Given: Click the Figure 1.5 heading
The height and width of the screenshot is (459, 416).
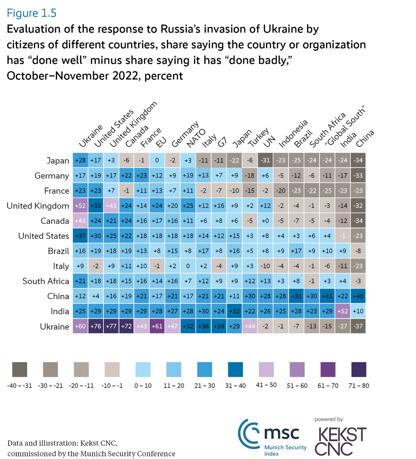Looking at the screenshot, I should click(x=32, y=13).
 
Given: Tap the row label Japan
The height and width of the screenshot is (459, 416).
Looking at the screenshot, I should click(x=58, y=161).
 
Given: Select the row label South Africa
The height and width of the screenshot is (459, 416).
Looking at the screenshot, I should click(x=46, y=281).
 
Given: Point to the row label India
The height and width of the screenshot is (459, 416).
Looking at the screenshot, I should click(x=60, y=312).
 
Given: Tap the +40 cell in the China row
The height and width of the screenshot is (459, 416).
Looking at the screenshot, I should click(x=358, y=296).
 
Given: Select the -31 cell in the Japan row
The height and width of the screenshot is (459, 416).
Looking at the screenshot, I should click(x=265, y=160).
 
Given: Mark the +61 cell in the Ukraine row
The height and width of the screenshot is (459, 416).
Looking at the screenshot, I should click(x=157, y=326).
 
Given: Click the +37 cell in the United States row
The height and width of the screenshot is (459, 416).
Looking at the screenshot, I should click(x=80, y=236).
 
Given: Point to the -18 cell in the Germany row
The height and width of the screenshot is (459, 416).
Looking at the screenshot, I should click(x=250, y=175).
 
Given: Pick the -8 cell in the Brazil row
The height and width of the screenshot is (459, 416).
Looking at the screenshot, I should click(x=358, y=251).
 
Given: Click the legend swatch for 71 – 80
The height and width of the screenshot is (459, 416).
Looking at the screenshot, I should click(x=359, y=370).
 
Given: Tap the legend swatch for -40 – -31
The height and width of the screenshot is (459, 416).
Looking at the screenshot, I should click(x=20, y=370).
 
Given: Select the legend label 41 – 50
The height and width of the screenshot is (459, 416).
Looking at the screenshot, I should click(x=266, y=385).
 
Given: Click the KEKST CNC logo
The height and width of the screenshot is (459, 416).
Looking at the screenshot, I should click(x=341, y=441).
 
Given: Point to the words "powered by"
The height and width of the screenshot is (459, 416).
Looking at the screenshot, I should click(x=328, y=419).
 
